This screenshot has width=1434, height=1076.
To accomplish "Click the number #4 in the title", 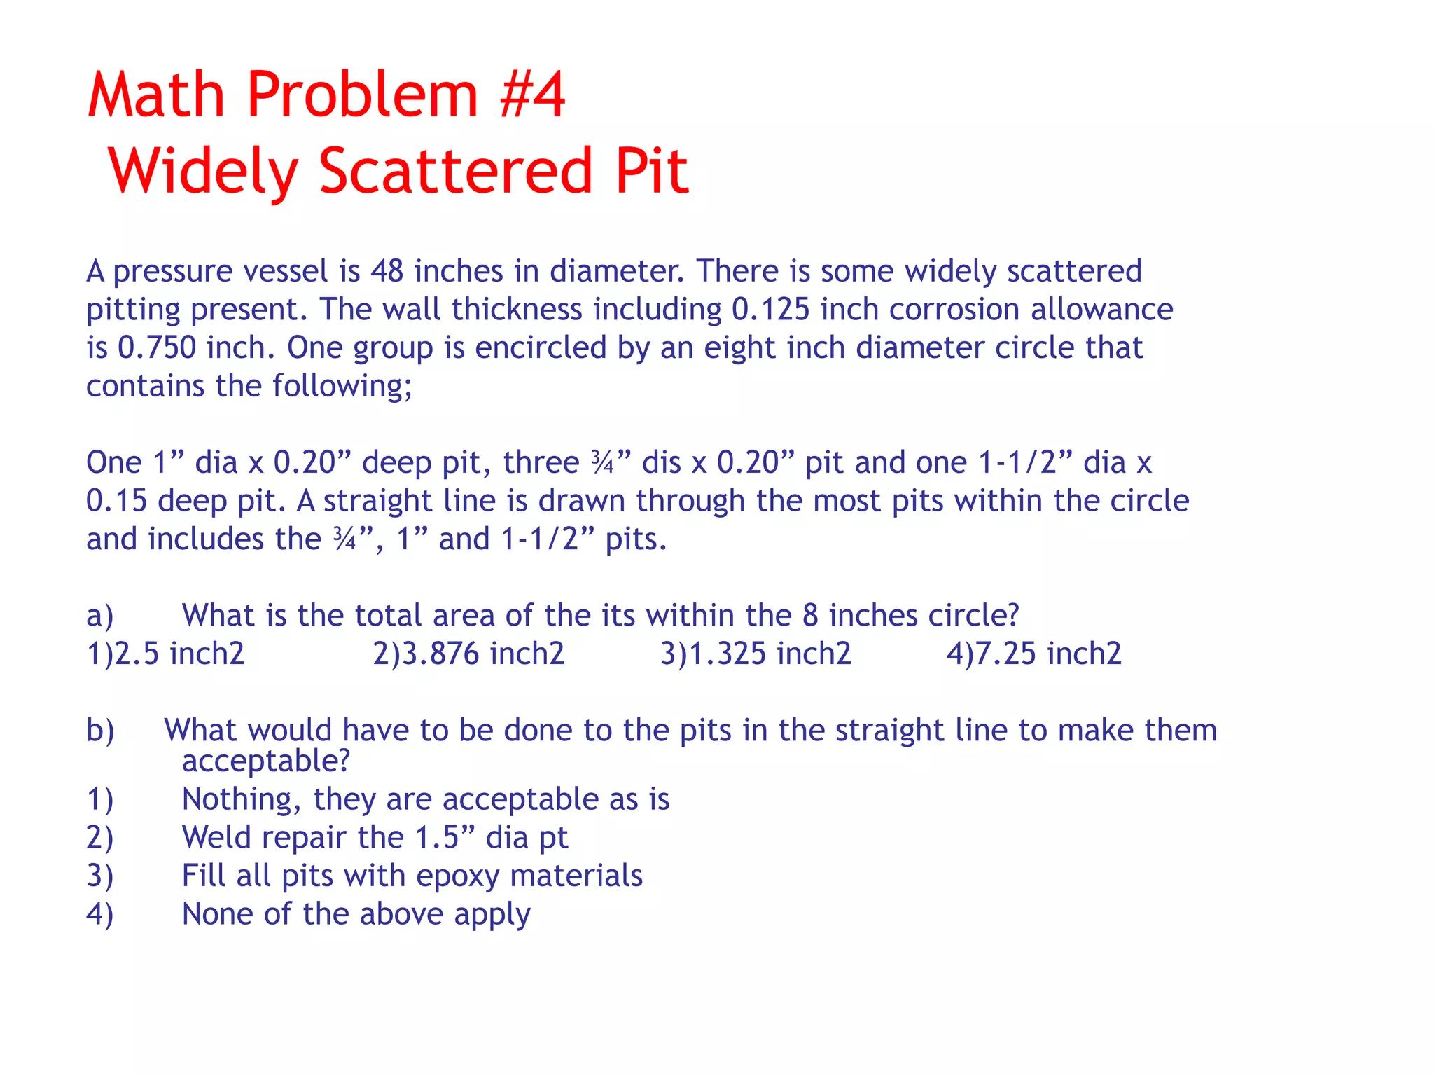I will point(532,95).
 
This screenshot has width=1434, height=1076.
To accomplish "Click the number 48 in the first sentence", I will point(387,272).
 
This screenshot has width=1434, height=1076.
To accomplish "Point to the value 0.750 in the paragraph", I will point(157,348).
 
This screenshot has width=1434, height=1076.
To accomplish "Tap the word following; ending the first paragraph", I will point(342,386).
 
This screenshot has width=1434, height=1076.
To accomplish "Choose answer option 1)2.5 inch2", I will point(165,654).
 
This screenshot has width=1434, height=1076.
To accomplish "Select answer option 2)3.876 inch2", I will point(468,654).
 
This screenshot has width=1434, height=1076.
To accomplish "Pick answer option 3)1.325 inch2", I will point(756,654).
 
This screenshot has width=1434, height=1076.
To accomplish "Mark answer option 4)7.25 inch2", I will point(1033,654).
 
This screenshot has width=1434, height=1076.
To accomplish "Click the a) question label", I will point(99,616).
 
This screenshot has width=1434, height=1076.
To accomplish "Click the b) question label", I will point(99,731).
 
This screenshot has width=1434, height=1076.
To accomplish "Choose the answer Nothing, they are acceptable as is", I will point(426,799).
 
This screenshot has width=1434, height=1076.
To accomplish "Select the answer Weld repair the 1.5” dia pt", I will point(375,838).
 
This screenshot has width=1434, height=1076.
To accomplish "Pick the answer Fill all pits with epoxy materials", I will point(412,876).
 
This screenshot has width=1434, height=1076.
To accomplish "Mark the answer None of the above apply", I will point(356,914).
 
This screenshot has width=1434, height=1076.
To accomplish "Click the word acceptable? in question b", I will point(265,761).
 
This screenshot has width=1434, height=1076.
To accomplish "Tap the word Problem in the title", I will point(363,95).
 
